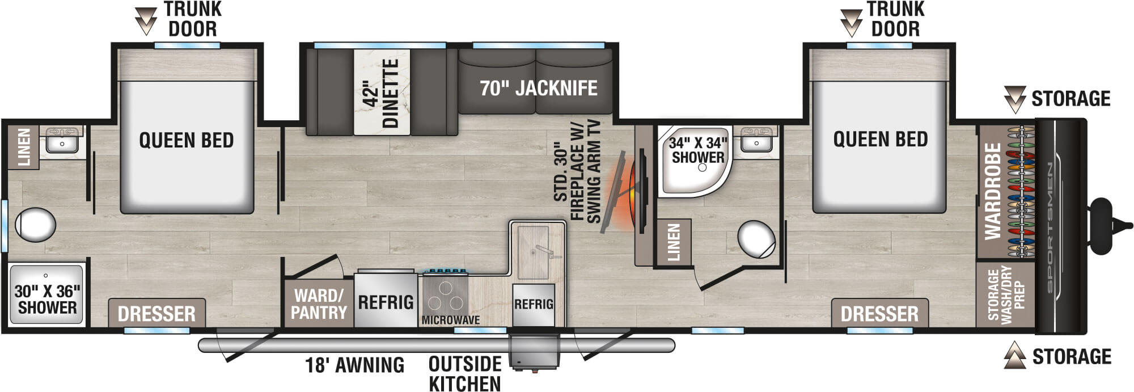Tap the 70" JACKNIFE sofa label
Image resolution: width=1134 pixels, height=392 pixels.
coord(538,88)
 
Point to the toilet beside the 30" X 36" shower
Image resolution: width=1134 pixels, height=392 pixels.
coord(35,224)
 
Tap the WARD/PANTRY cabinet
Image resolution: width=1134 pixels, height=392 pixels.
coord(319,304)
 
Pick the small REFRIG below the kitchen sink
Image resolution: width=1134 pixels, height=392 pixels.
coord(533,305)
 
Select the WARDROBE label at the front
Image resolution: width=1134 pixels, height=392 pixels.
coord(992,191)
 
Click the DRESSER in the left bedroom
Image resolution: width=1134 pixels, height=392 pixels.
coord(156,314)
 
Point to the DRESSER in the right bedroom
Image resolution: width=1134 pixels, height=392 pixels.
coord(879,314)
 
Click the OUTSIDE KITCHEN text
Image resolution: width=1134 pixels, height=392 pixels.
coord(465,374)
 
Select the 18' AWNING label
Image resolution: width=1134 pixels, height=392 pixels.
coord(355,365)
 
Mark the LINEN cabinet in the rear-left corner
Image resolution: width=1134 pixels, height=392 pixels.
coord(24,147)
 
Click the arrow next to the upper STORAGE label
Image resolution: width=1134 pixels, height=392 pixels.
coord(1014,99)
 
